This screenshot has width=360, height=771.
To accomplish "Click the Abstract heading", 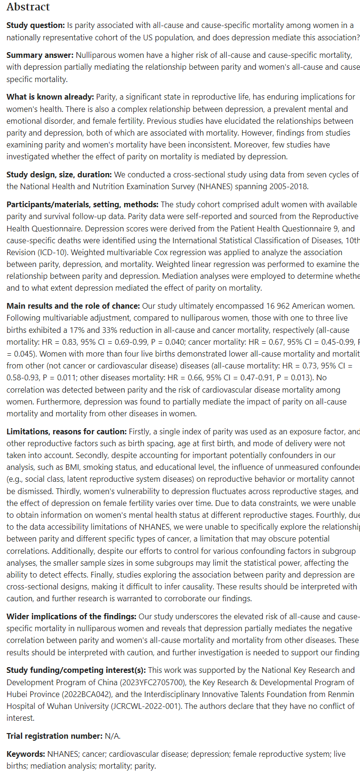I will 28,7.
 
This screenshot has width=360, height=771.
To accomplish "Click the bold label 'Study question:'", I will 36,25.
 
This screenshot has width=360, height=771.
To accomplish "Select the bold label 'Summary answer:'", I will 40,55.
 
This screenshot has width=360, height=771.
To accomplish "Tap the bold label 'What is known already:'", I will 50,97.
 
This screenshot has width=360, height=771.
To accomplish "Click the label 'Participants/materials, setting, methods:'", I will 83,204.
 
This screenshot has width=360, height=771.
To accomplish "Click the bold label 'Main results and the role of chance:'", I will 73,306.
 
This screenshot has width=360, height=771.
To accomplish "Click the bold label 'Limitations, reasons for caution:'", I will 66,431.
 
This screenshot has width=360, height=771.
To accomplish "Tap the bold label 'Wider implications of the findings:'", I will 71,616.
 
